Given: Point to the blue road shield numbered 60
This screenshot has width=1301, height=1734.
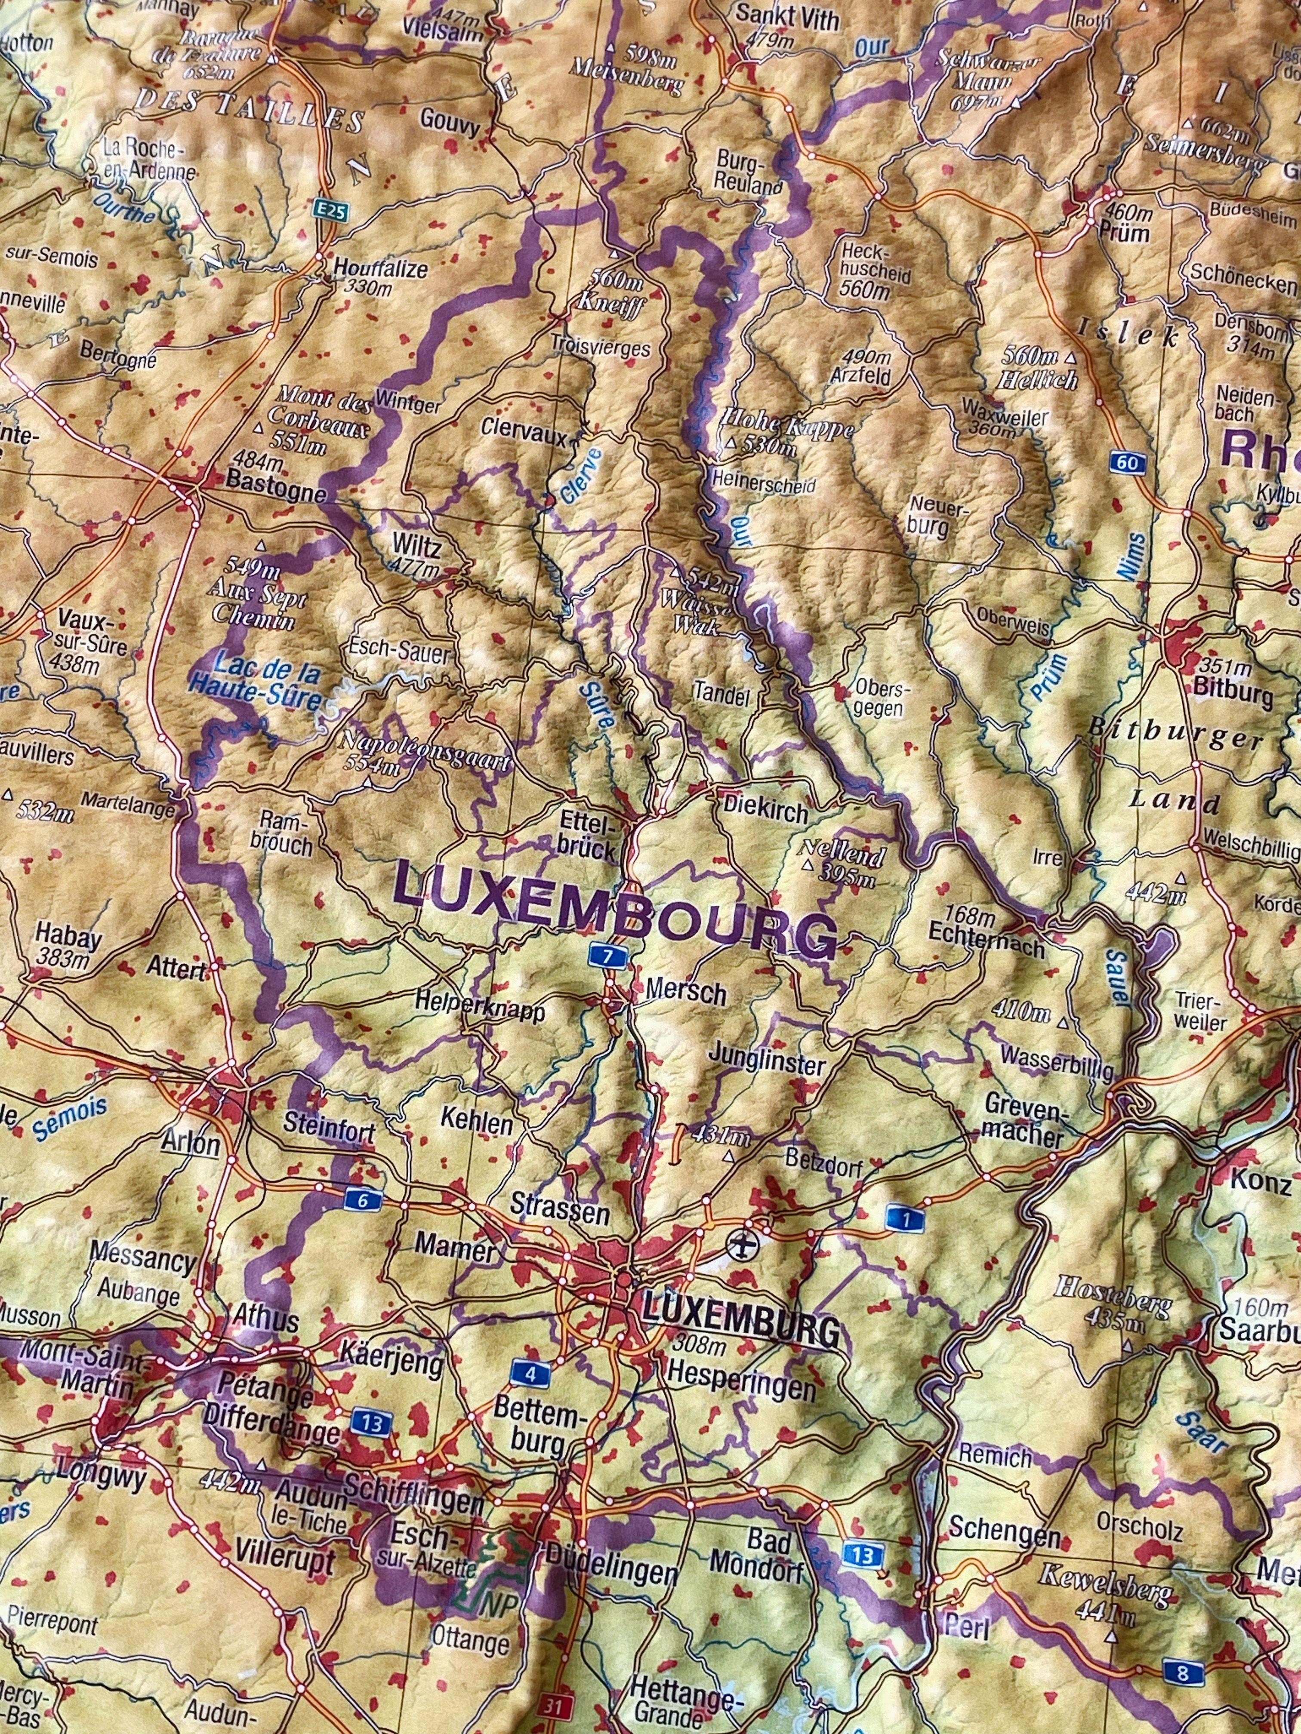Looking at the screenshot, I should [x=1127, y=463].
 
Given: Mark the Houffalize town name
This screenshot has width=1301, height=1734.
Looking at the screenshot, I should [x=380, y=270].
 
